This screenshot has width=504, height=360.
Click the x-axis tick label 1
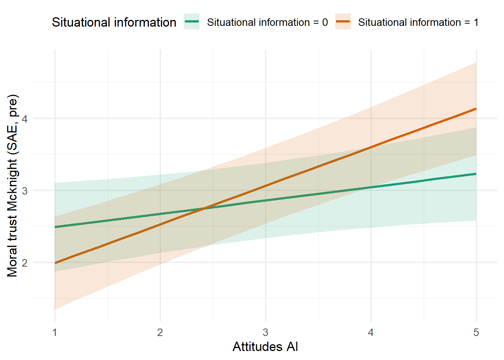pos(55,333)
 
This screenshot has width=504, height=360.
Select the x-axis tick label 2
pos(160,333)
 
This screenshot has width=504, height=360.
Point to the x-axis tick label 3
pos(265,333)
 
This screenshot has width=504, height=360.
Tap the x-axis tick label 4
pos(371,333)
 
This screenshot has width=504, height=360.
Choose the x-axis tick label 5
pos(476,333)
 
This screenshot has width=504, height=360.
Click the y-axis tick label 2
pos(25,262)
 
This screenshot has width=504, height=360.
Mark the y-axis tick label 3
pos(25,190)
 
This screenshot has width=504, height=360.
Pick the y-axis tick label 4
pos(25,118)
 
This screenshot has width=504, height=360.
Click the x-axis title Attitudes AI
pos(265,346)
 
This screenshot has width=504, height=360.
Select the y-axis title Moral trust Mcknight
pos(12,186)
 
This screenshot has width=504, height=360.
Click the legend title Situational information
pos(114,22)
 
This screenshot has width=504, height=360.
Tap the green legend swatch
pos(192,22)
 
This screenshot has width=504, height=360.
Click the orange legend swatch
pos(343,22)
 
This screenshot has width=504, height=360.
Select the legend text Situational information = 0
pos(267,22)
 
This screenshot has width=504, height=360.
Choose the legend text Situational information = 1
pos(418,22)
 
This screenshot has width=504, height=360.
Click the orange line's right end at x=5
pos(476,109)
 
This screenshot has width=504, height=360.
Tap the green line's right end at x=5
pos(476,174)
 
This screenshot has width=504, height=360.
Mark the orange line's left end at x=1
pos(55,263)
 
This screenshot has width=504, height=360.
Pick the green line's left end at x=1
pos(55,227)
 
